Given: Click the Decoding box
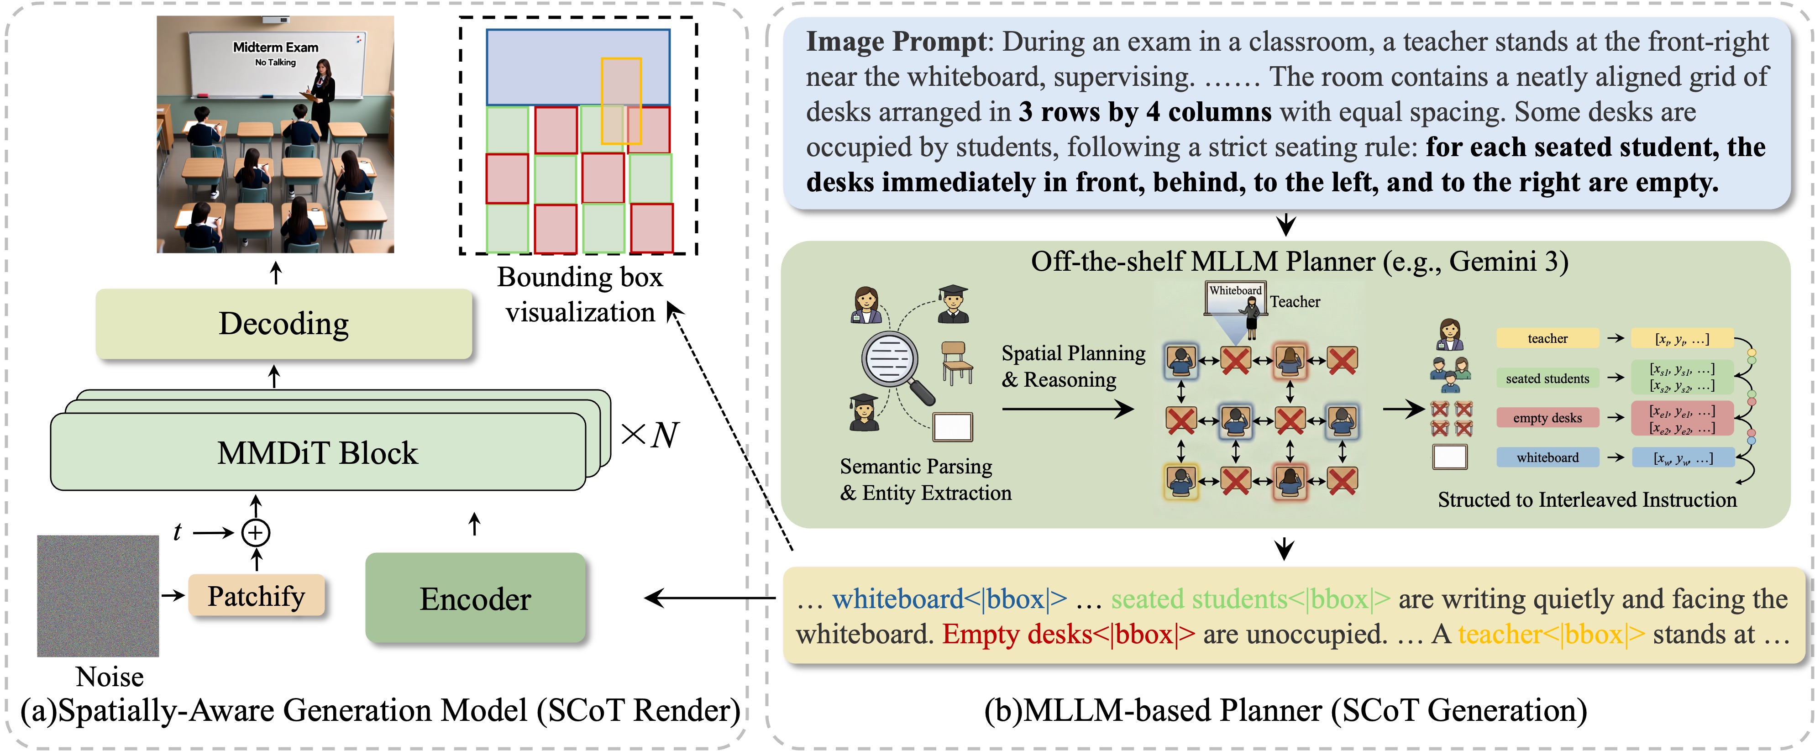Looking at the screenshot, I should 283,324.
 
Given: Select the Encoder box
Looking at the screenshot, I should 475,599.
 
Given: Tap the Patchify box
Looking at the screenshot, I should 256,596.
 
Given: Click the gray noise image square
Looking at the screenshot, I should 98,596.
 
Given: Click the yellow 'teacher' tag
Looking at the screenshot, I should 1547,338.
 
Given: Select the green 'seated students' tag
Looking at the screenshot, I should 1547,378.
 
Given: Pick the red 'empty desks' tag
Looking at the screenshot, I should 1547,418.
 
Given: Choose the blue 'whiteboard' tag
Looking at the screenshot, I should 1547,457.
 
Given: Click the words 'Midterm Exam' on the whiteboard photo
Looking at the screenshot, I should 276,47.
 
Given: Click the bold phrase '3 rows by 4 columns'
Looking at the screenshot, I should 1144,112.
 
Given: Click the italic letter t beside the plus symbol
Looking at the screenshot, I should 177,531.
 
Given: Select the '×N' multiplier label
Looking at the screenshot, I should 649,435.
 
